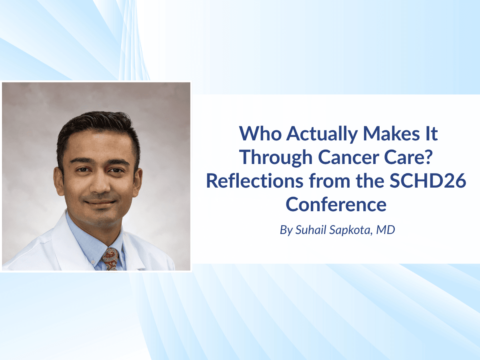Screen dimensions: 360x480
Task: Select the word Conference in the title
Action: point(336,204)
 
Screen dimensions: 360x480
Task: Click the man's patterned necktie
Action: point(111,258)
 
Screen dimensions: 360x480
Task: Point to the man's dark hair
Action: point(96,128)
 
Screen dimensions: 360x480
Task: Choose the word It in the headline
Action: point(430,134)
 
